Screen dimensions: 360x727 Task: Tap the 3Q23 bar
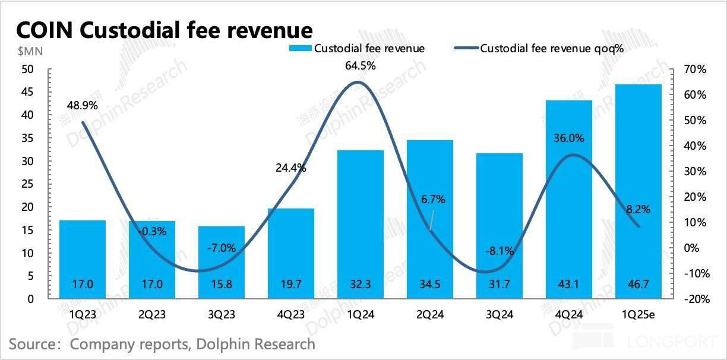point(222,262)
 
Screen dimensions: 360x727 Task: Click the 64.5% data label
point(361,66)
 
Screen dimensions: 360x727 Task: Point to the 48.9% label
point(83,106)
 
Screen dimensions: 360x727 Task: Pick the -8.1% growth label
point(499,251)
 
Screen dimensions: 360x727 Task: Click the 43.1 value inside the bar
point(569,285)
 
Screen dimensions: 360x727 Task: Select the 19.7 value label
point(291,285)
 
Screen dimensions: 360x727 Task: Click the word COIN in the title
point(45,30)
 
